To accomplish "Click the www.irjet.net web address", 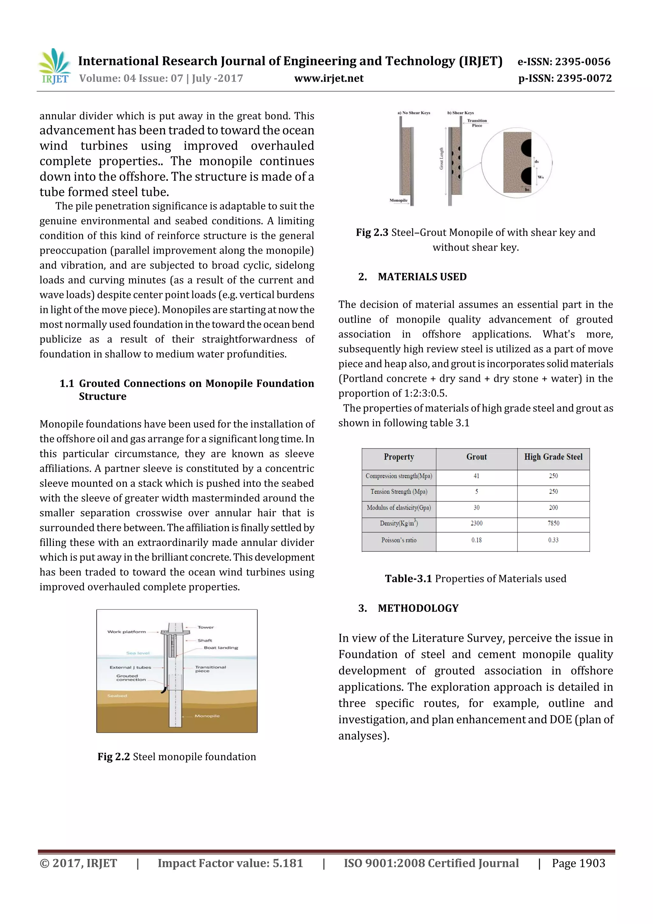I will point(329,78).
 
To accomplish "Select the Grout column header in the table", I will point(476,457).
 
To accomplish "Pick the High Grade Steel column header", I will point(553,457).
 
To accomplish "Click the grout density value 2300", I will point(476,523).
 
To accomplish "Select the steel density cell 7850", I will point(553,523).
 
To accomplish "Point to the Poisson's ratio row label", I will point(399,540).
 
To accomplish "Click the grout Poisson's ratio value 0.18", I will point(476,540).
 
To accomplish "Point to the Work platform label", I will point(126,632).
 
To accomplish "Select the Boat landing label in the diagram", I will point(221,647).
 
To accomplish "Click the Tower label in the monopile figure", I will point(206,627).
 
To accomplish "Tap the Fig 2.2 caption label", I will point(114,757).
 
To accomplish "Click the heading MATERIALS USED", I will point(422,277).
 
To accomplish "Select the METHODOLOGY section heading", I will point(418,608).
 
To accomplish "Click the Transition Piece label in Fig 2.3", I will point(477,123).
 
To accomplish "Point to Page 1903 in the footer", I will point(578,863).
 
